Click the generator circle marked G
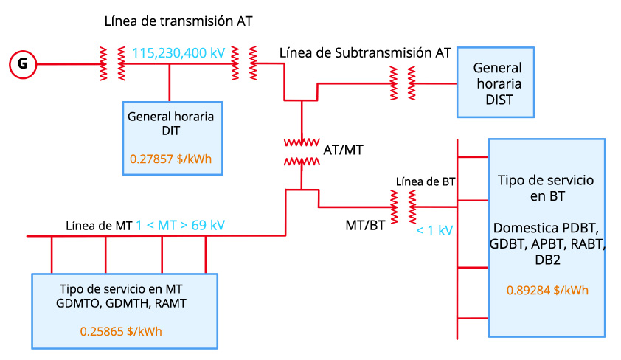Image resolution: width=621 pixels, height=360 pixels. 23,65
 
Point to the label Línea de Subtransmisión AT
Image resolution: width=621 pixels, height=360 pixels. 365,53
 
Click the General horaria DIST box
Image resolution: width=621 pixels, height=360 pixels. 494,82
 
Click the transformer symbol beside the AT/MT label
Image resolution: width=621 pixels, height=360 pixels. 302,150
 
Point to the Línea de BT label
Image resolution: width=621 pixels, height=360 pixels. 426,181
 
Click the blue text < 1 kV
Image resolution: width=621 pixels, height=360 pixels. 434,230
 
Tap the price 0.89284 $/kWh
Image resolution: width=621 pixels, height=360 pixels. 547,290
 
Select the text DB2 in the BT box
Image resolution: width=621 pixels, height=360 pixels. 547,260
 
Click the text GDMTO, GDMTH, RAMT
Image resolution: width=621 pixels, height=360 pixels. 125,301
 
